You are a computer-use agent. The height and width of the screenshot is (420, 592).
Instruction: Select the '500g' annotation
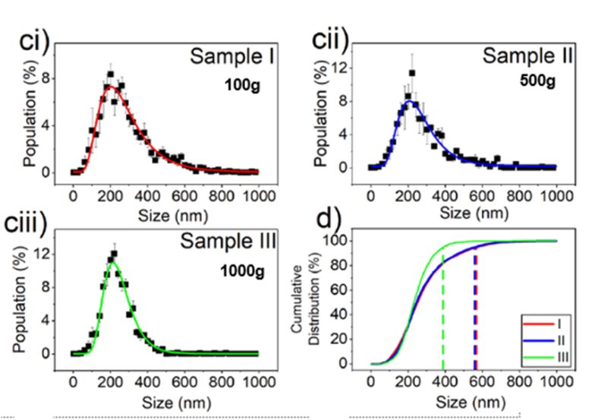coord(532,81)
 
